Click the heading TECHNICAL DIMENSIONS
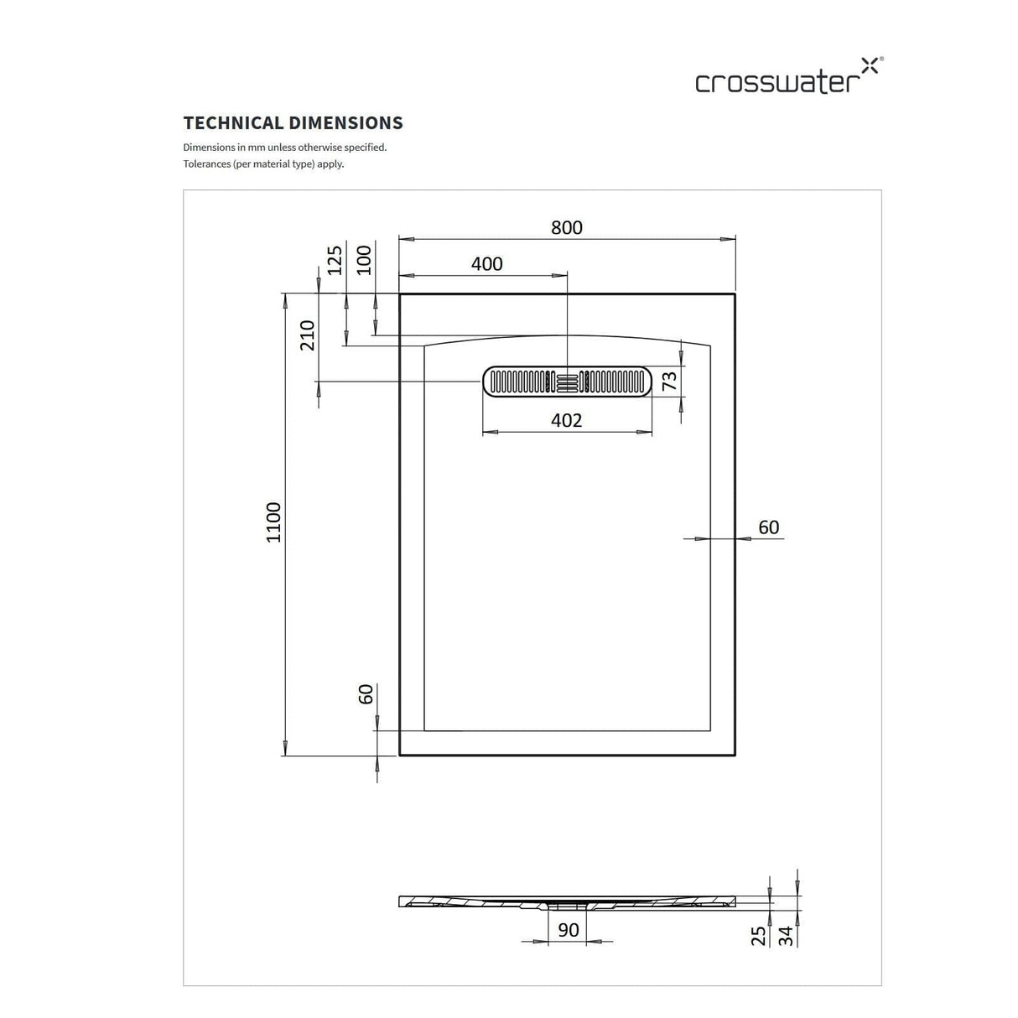tap(293, 123)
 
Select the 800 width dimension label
tap(567, 227)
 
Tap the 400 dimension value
tap(487, 264)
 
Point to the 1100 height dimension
tap(274, 522)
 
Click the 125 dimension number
tap(335, 260)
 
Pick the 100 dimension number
tap(363, 259)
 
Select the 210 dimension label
tap(308, 335)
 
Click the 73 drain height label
tap(669, 382)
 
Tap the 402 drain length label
tap(567, 420)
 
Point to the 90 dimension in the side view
tap(568, 930)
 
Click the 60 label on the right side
tap(768, 527)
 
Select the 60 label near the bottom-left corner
tap(366, 693)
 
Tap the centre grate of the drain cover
tap(568, 382)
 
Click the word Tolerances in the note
tap(207, 164)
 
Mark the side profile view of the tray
tap(567, 902)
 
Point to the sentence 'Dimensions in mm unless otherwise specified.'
tap(285, 148)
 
